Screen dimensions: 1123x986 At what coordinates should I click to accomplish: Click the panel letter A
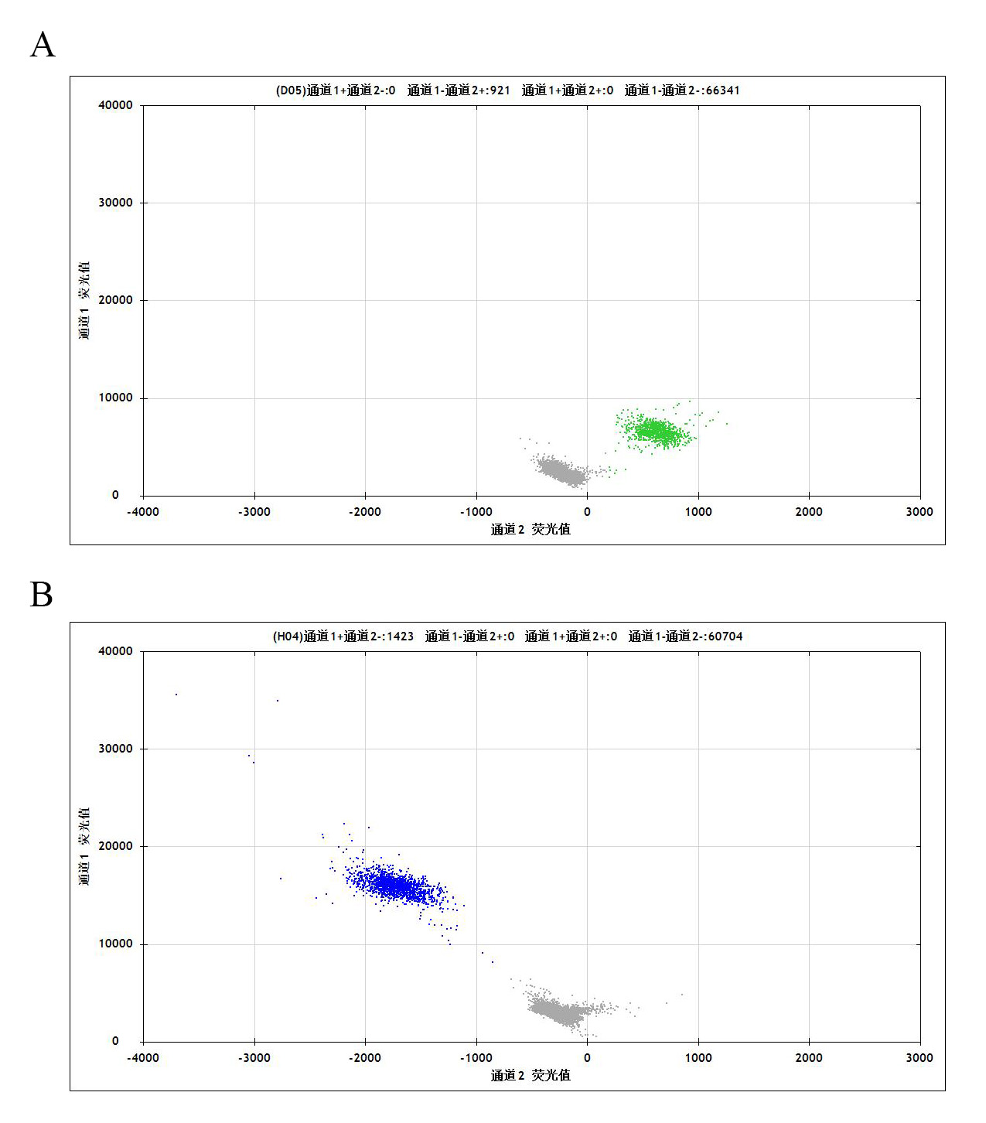43,46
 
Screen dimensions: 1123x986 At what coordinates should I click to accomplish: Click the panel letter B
42,595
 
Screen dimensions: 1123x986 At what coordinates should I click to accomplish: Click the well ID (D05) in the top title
290,90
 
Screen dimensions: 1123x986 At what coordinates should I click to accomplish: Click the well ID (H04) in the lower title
288,637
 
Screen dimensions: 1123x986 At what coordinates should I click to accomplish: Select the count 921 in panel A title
500,90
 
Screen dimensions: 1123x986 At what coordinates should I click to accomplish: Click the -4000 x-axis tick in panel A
143,512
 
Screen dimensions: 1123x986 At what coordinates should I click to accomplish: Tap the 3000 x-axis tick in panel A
919,512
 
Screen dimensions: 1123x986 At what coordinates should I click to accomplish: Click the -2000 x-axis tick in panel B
365,1058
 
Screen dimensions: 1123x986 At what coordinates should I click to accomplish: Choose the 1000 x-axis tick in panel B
698,1058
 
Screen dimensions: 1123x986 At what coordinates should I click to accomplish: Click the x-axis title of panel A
531,530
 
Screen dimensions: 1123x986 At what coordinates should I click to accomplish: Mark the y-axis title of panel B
84,846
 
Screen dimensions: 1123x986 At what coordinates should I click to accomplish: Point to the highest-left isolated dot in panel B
176,695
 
